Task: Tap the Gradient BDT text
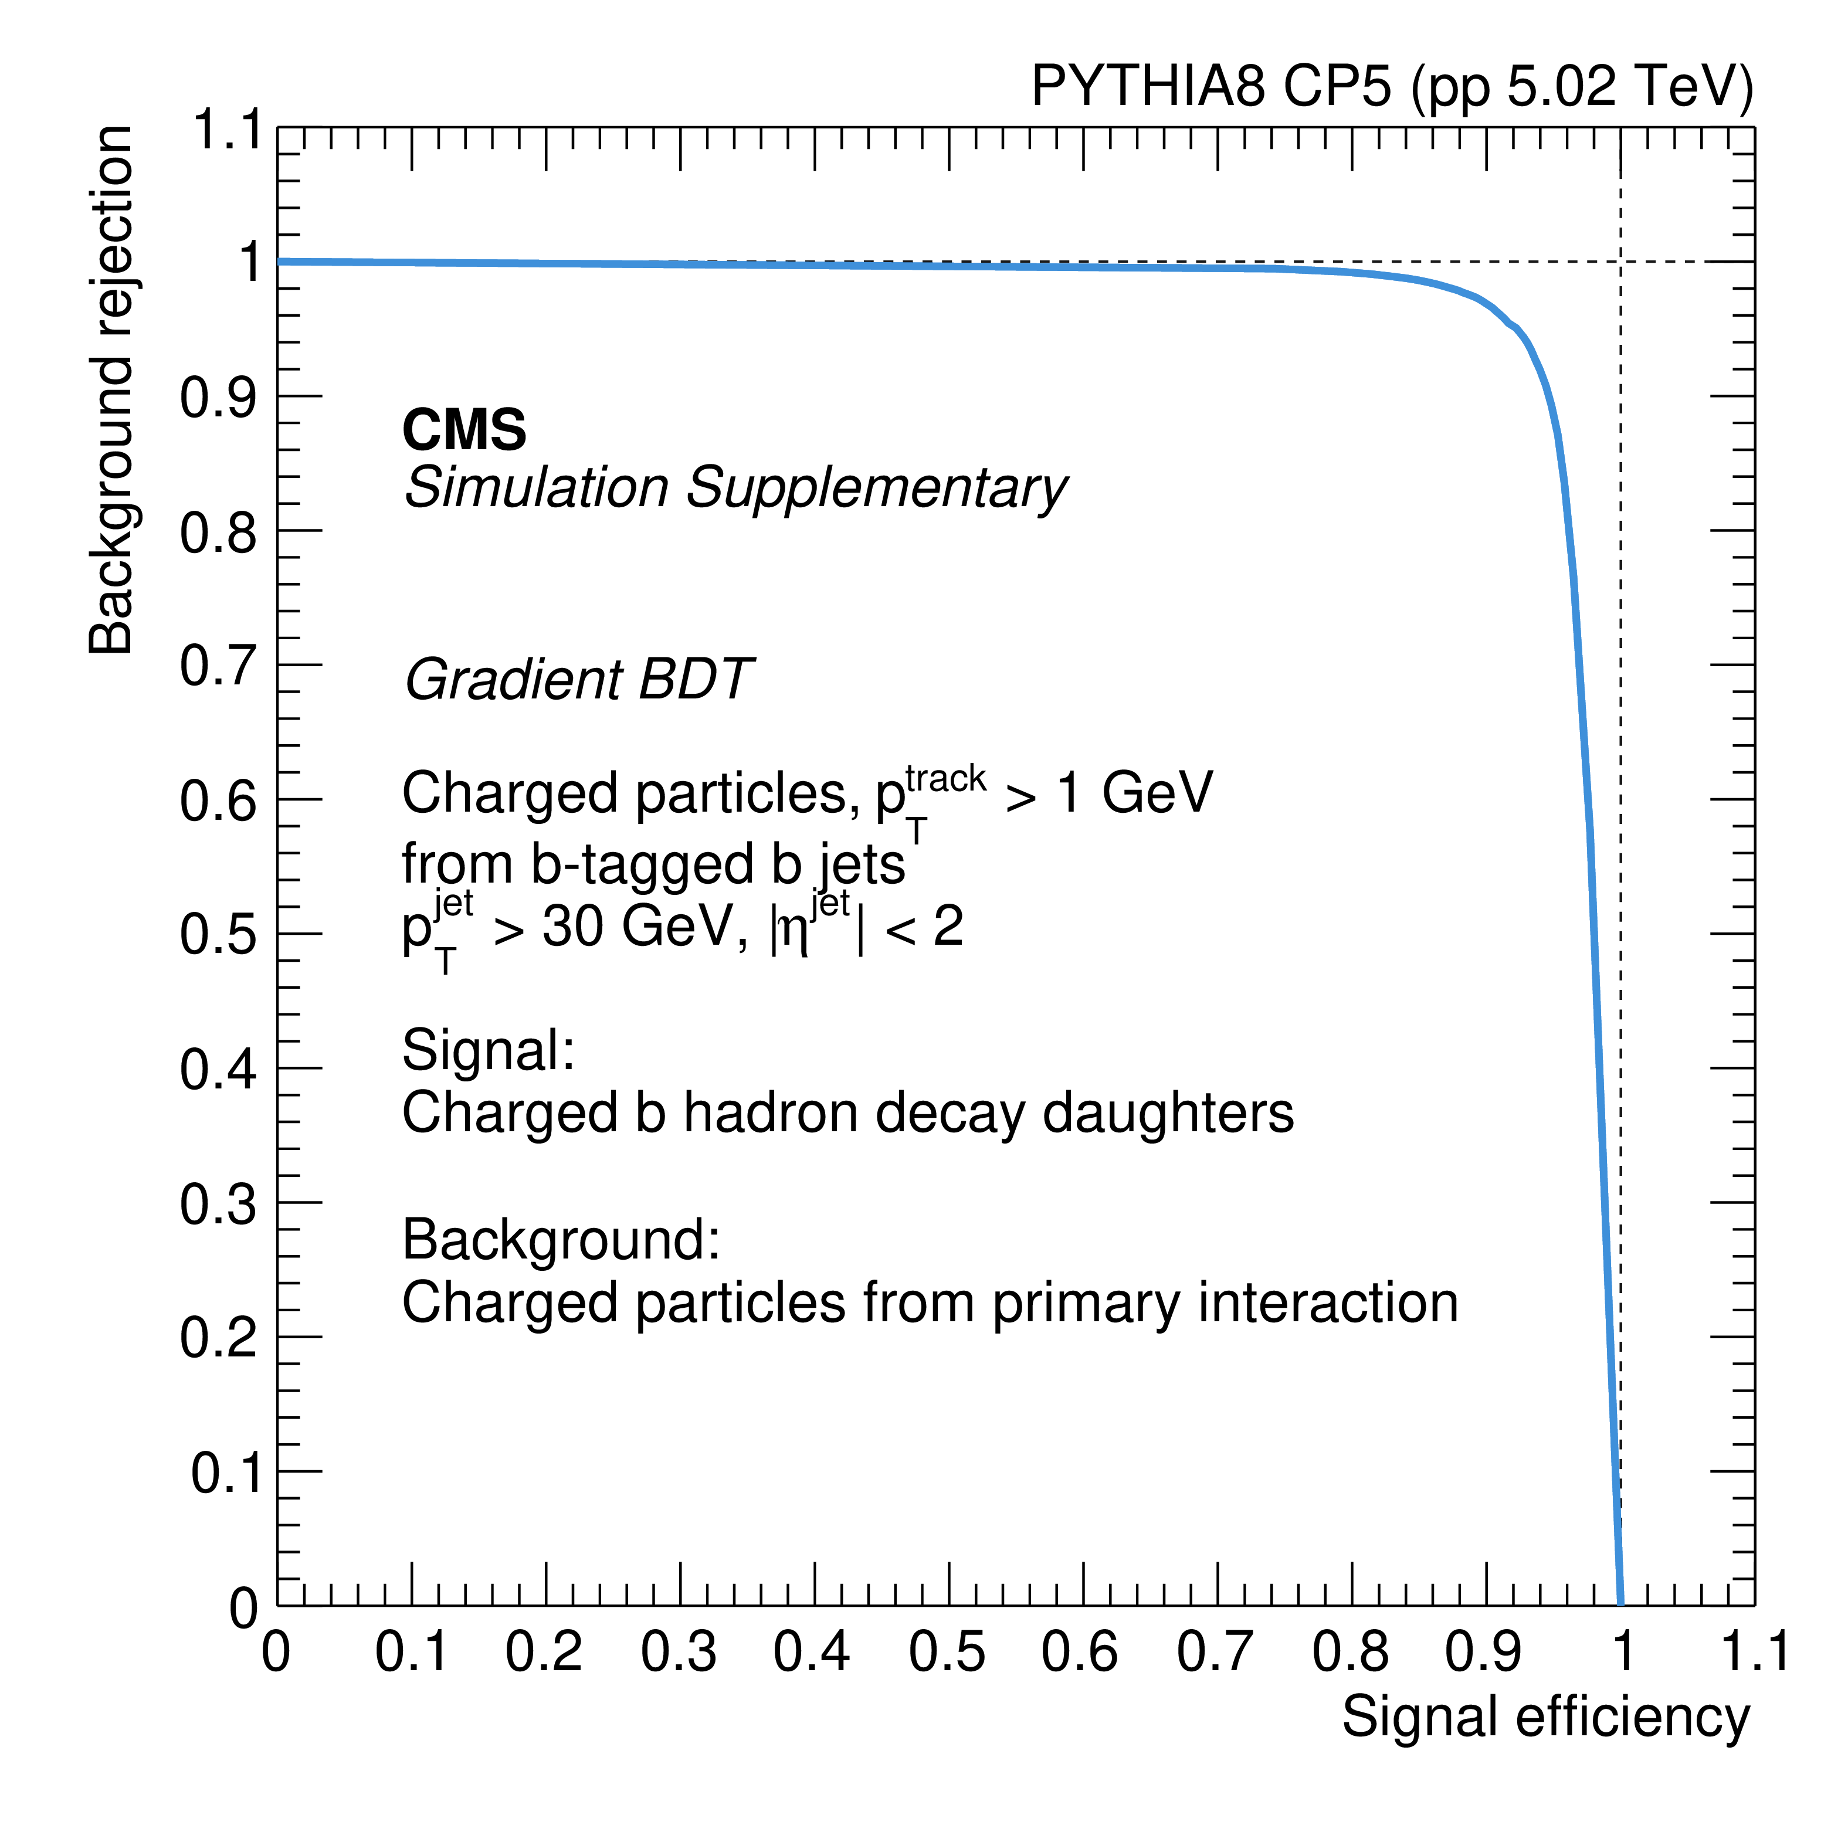[579, 680]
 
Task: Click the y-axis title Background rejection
[110, 389]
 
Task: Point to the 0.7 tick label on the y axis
[218, 667]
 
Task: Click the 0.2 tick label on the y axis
[218, 1338]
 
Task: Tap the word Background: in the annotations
[561, 1240]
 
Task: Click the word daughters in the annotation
[1167, 1114]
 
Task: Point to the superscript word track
[945, 779]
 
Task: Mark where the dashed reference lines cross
[1620, 261]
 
